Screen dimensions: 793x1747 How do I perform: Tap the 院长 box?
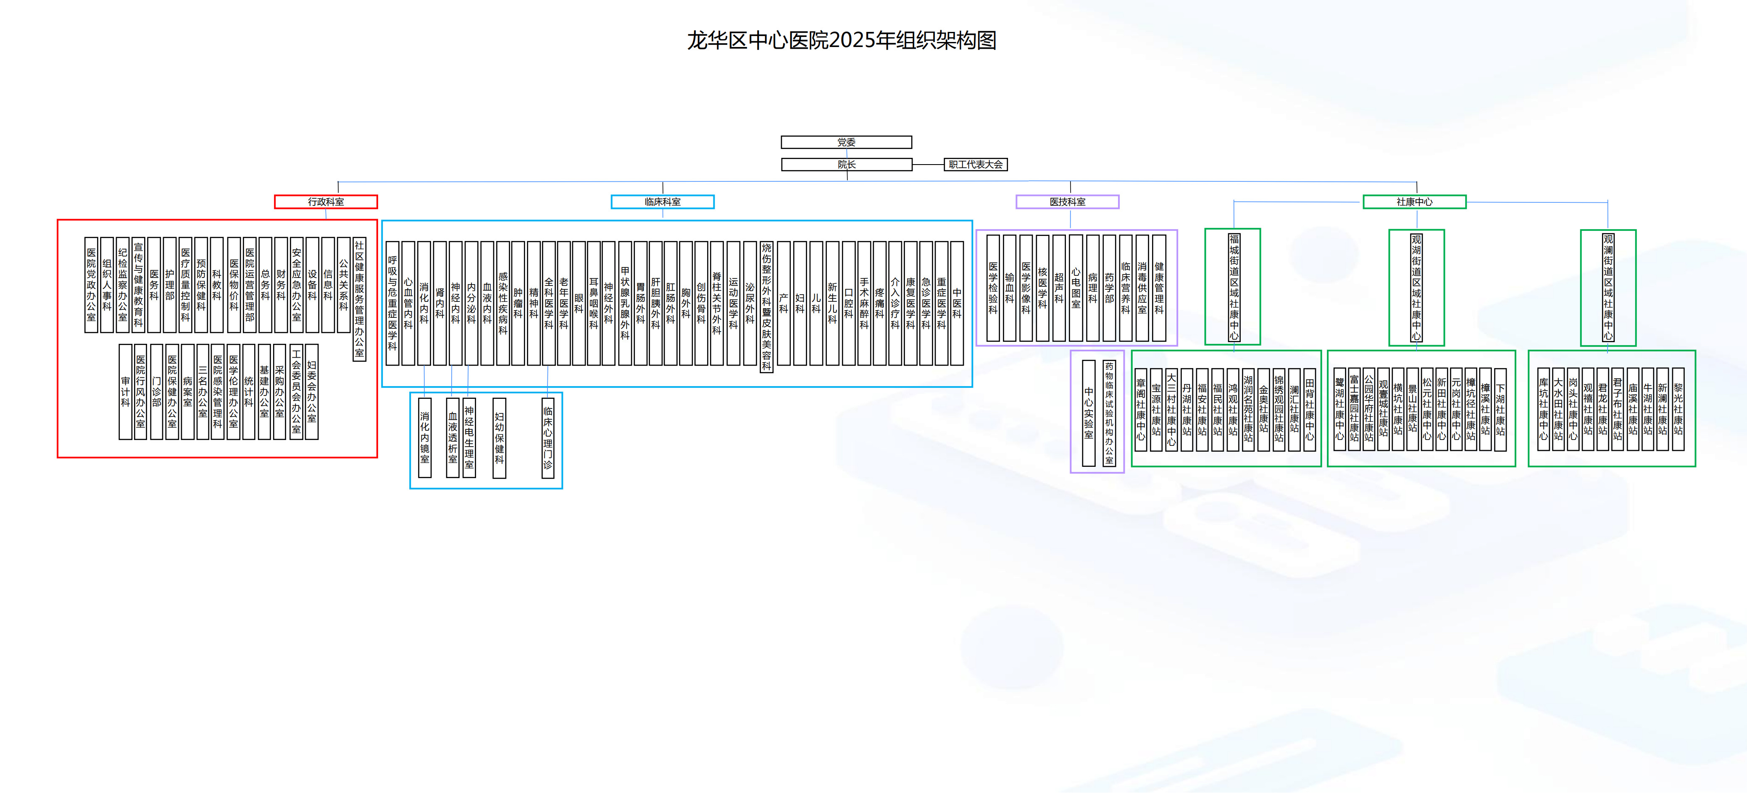(x=846, y=165)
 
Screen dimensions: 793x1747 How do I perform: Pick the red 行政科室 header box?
(x=326, y=202)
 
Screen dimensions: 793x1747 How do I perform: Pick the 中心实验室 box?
(x=1089, y=413)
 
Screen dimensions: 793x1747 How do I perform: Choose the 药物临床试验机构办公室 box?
(x=1109, y=413)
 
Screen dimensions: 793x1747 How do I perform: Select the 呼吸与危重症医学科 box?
(x=392, y=303)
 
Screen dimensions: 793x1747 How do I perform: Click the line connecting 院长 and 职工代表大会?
(x=928, y=165)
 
